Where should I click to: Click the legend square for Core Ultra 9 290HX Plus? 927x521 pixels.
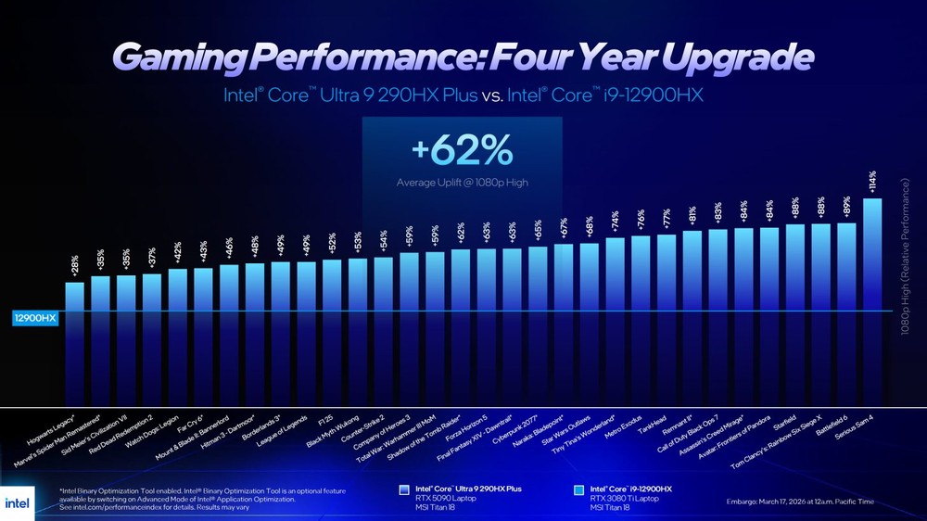404,489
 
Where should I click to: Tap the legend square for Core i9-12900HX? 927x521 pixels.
579,489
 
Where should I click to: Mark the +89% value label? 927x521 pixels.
847,207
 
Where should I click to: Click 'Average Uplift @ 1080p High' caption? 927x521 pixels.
461,183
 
